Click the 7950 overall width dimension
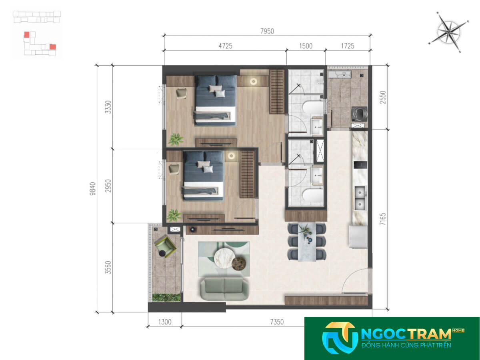[x=267, y=31]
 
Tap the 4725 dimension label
[x=225, y=46]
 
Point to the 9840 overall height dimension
[x=93, y=188]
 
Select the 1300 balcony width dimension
[x=165, y=322]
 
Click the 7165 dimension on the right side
[x=383, y=219]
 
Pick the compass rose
[x=448, y=32]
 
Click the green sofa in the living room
[x=224, y=289]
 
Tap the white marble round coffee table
[x=224, y=258]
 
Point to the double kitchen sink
[x=360, y=198]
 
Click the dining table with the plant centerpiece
[x=307, y=242]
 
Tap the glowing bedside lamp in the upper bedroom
[x=254, y=82]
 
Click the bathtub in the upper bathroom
[x=312, y=108]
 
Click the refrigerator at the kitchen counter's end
[x=358, y=237]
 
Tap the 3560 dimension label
[x=108, y=267]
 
